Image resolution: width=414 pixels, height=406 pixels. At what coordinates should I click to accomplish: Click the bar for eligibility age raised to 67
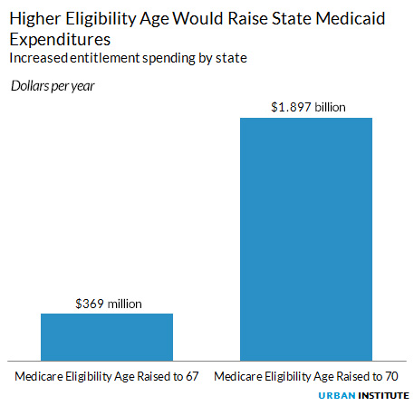click(107, 336)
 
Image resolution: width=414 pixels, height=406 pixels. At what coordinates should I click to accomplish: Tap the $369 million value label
click(107, 303)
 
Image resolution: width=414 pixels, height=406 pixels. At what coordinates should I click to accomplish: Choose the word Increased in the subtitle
click(35, 59)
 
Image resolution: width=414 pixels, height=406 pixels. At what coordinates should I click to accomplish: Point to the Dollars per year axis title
click(53, 86)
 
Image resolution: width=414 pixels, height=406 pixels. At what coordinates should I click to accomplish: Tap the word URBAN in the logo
click(338, 396)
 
